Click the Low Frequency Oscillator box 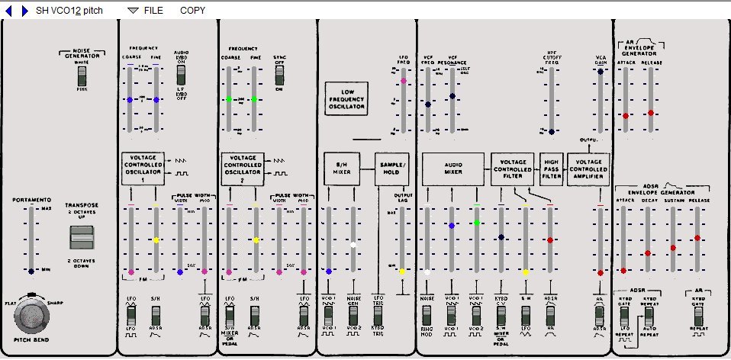(347, 98)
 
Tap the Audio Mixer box (453, 169)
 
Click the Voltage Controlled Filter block (512, 169)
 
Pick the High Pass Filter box (551, 169)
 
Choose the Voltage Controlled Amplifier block (588, 169)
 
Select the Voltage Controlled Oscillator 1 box (142, 169)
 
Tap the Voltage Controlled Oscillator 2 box (242, 169)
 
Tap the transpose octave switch (80, 239)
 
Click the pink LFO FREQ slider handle (403, 81)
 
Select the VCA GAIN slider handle (601, 72)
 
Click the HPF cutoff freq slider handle (551, 132)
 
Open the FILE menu (146, 11)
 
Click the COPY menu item (192, 11)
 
